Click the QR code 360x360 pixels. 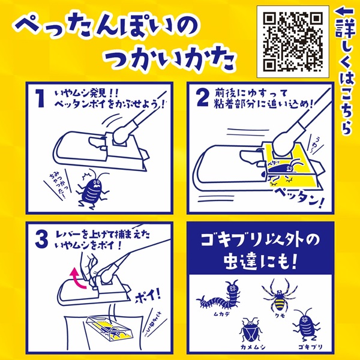293,42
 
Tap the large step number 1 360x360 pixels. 40,98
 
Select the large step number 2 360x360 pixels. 203,98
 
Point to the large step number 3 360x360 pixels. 42,239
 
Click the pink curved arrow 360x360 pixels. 78,278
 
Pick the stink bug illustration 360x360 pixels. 250,331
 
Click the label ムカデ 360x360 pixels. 221,314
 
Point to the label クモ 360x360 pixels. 280,316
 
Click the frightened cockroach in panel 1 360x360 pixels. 92,189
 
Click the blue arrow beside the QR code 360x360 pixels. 344,11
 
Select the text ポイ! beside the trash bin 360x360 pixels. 148,296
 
